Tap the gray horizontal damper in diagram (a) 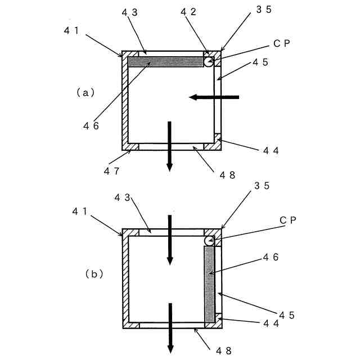point(165,62)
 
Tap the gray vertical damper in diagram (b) point(210,284)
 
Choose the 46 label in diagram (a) point(91,126)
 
